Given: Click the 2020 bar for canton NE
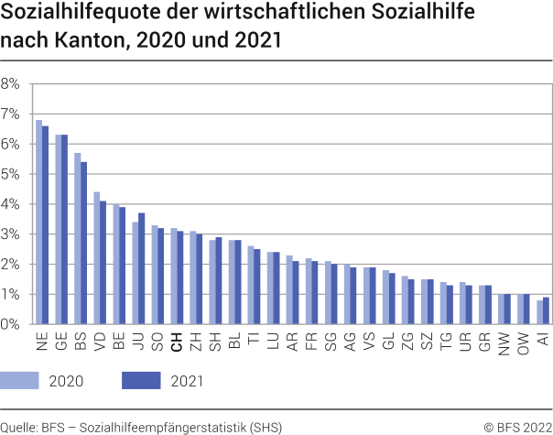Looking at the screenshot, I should click(x=38, y=223).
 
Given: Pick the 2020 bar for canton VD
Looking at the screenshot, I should click(x=96, y=258).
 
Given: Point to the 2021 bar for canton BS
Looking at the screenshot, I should click(x=83, y=243).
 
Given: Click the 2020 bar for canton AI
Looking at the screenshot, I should click(x=539, y=312).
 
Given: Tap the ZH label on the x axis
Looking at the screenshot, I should click(x=195, y=342).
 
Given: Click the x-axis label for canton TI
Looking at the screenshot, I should click(x=253, y=340).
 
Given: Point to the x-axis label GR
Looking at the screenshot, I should click(x=483, y=342).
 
